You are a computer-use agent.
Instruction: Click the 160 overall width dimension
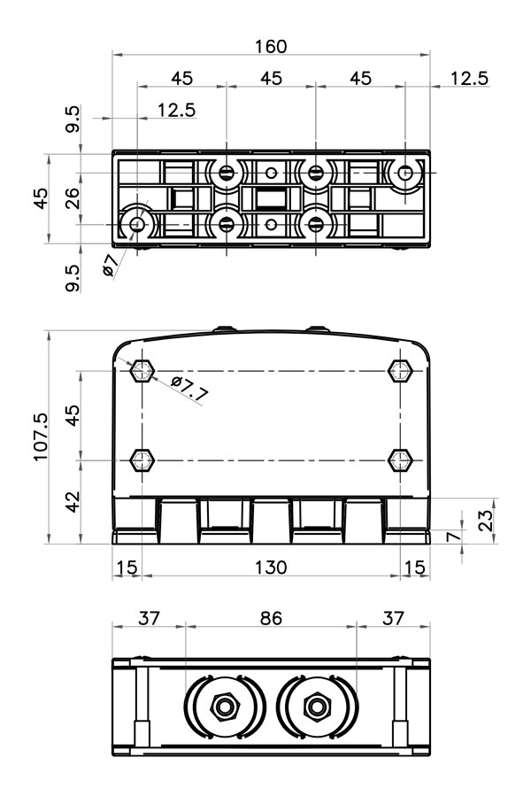[271, 47]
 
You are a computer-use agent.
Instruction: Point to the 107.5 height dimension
[41, 437]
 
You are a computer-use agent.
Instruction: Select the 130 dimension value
[271, 567]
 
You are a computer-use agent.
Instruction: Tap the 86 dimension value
[271, 618]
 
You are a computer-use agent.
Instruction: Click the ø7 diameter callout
[110, 265]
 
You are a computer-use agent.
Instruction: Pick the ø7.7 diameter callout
[189, 390]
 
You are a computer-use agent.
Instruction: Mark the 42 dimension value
[73, 501]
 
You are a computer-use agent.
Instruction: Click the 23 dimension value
[485, 521]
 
